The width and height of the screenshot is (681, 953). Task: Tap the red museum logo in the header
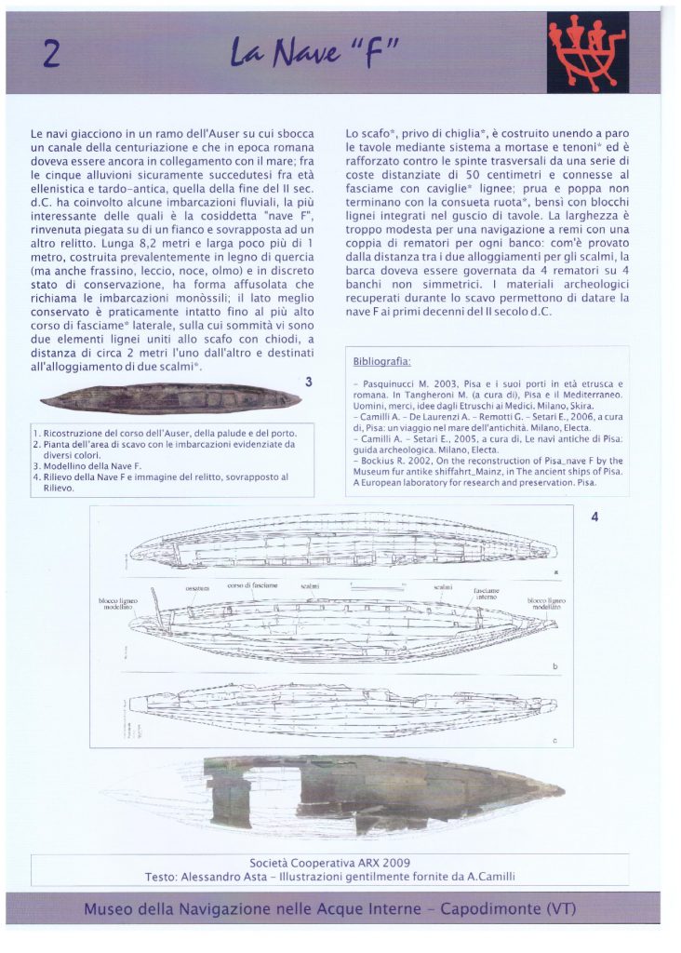[x=599, y=54]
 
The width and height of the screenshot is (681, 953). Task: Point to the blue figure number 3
[x=308, y=382]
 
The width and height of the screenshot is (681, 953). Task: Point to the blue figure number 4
[x=594, y=517]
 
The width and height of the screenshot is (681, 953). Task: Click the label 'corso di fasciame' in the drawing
[x=252, y=584]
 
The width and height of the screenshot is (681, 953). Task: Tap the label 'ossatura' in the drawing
[x=196, y=587]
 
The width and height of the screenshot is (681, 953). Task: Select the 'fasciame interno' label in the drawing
[x=488, y=594]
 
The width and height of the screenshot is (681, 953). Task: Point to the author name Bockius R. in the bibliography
[x=382, y=461]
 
